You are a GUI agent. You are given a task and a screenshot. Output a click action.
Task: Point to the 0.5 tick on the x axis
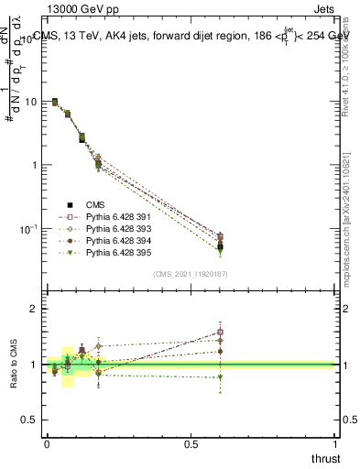coord(191,444)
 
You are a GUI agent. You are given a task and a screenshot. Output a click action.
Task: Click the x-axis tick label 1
coord(336,444)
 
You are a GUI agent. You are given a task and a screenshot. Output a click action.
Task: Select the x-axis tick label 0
coord(47,444)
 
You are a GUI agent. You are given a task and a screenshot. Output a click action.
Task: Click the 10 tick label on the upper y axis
coord(30,102)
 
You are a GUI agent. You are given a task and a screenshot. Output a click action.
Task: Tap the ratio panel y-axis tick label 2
coord(34,310)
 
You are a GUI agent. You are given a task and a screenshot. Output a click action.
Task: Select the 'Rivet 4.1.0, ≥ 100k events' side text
coord(351,64)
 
